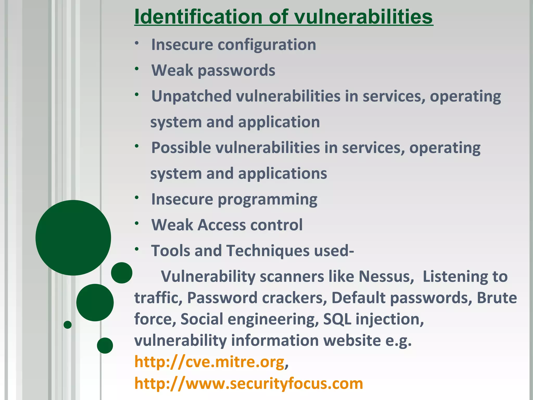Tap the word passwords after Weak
pyautogui.click(x=236, y=71)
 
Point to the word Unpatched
pyautogui.click(x=191, y=96)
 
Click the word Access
pyautogui.click(x=221, y=225)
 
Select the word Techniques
pyautogui.click(x=268, y=251)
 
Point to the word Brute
pyautogui.click(x=497, y=298)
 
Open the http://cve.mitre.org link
pyautogui.click(x=210, y=362)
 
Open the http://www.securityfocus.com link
pyautogui.click(x=249, y=384)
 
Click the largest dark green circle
pyautogui.click(x=73, y=238)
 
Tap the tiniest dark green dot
pyautogui.click(x=67, y=325)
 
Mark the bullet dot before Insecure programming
pyautogui.click(x=137, y=198)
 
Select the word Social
pyautogui.click(x=202, y=319)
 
